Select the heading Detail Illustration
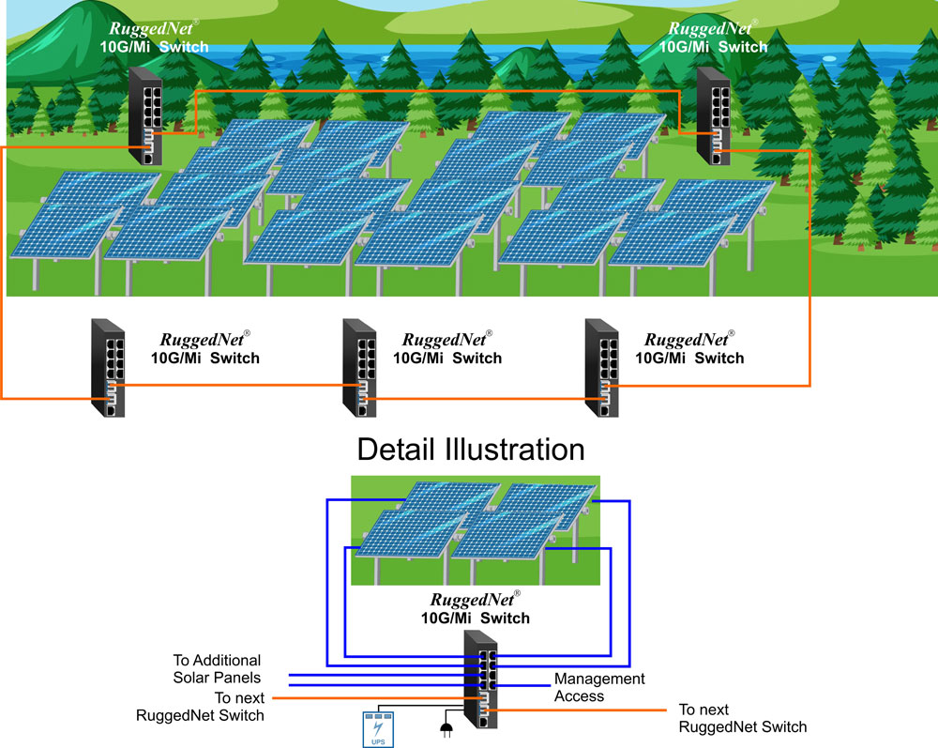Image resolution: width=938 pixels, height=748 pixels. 470,450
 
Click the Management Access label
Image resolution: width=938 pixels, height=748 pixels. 599,687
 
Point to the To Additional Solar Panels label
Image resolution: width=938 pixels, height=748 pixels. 217,669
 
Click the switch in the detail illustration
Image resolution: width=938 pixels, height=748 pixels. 480,679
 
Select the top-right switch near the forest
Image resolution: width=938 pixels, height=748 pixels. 714,116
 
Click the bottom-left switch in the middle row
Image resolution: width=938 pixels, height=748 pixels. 108,369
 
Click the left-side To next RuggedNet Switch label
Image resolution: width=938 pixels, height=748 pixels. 200,707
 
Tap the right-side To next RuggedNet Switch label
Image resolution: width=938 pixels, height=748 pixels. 742,718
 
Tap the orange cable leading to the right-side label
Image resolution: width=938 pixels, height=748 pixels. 582,711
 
